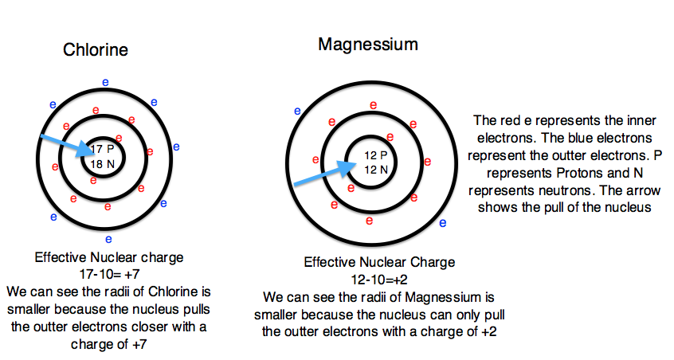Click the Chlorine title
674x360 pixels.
[x=96, y=50]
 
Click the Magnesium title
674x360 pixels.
[x=367, y=44]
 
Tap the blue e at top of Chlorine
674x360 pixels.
[x=107, y=81]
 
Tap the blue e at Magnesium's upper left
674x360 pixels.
[x=297, y=111]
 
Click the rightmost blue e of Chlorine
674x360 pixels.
[x=176, y=147]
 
